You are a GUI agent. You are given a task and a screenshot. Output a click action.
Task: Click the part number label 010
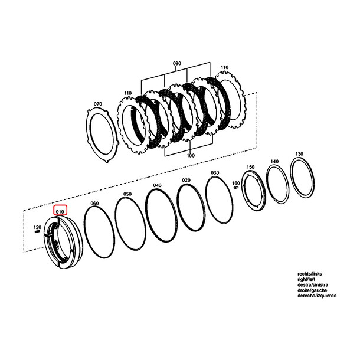coord(60,211)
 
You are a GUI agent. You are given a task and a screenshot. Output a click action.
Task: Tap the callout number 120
coord(37,227)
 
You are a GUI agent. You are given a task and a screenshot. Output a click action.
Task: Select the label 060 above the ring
coord(94,203)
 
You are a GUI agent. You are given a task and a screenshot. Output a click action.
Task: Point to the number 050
coord(127,194)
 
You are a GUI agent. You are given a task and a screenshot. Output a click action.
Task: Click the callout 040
coord(157,185)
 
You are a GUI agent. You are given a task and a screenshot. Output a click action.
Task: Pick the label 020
coord(186,180)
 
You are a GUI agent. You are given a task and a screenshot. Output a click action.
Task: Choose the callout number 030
coord(215,173)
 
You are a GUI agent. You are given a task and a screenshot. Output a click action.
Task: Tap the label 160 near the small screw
coord(236,183)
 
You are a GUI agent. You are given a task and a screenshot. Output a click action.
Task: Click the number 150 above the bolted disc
coord(250,167)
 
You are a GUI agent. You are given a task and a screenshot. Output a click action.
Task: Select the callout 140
coord(274,161)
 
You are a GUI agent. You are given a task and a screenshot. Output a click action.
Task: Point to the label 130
coord(299,154)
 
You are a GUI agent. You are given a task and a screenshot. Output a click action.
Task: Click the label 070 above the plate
coord(98,104)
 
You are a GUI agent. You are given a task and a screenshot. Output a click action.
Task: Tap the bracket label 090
coord(177,63)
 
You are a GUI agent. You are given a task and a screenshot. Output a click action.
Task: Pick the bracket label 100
coord(191,155)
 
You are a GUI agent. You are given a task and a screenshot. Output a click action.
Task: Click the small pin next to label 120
coord(37,232)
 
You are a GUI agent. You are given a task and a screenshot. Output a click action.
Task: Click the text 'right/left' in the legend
coord(306,279)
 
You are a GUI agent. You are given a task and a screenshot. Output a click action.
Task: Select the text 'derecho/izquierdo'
coord(317,296)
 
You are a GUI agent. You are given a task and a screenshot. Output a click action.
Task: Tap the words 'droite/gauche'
coord(312,290)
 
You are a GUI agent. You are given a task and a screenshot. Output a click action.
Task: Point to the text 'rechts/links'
coord(310,274)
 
